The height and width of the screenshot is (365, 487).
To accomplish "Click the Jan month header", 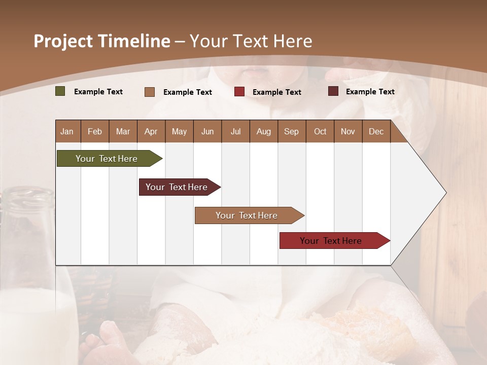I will tap(67, 131).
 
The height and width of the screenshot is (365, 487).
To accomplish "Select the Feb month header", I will tap(95, 131).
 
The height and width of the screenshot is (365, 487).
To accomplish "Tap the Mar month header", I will tap(123, 131).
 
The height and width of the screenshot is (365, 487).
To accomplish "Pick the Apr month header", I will tap(151, 131).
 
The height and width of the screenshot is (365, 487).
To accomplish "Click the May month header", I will tap(179, 131).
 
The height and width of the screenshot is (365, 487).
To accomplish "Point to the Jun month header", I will tap(207, 131).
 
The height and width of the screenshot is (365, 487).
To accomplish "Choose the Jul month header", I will tap(235, 131).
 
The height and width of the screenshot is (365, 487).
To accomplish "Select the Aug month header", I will tap(264, 131).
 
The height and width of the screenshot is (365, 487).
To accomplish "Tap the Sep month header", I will tap(292, 131).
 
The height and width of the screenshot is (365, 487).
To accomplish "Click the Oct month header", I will tap(320, 131).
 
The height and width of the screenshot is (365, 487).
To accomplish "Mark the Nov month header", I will tap(348, 131).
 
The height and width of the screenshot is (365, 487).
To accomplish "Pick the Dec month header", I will tap(376, 131).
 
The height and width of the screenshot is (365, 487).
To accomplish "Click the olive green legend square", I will tap(60, 91).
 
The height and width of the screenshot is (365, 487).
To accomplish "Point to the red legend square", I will tap(239, 92).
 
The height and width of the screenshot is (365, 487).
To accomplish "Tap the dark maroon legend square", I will tap(333, 91).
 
